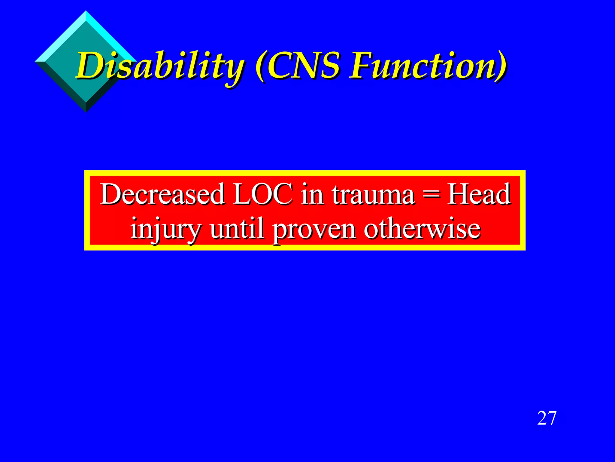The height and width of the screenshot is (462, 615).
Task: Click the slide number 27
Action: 547,418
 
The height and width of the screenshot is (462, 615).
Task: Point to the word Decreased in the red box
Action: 162,194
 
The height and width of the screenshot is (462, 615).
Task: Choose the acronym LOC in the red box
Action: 263,194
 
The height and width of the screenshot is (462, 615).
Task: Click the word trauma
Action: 374,194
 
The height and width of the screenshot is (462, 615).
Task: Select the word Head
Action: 479,194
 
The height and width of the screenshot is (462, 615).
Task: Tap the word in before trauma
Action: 313,194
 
